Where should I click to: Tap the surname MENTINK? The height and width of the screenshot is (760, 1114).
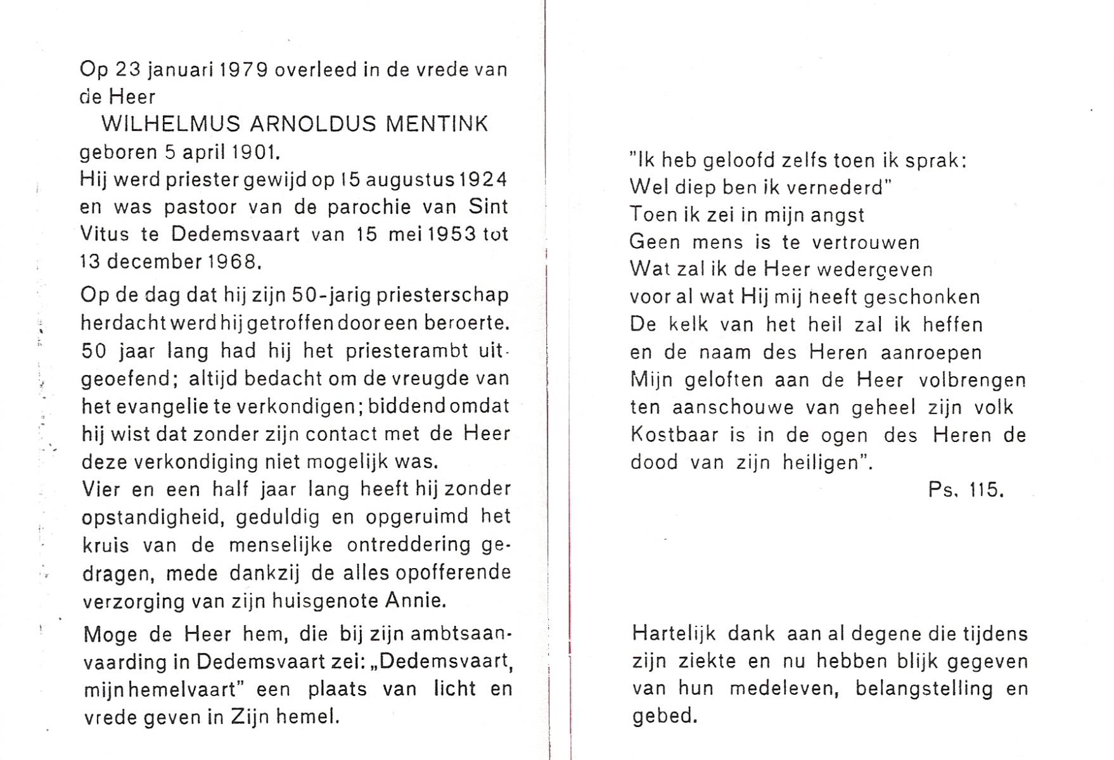437,123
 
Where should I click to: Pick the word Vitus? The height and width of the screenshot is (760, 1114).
105,234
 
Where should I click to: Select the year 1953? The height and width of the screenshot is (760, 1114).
451,234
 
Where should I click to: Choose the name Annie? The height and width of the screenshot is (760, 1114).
415,600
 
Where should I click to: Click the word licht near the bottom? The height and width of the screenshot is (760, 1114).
454,688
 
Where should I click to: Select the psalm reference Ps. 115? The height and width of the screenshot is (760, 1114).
966,490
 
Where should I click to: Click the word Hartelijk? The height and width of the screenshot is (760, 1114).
674,633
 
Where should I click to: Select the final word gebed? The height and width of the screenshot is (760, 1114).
663,716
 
